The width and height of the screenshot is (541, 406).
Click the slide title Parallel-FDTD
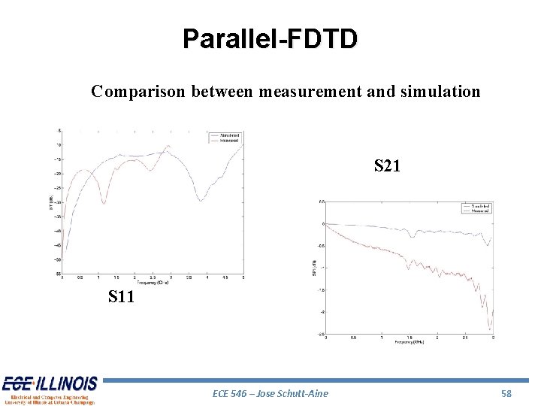270,38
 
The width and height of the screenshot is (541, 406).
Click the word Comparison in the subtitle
139,92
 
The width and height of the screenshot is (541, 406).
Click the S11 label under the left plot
121,297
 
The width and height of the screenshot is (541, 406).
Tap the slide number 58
506,393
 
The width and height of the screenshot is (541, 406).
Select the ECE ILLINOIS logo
50,389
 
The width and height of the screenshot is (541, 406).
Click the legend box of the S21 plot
475,208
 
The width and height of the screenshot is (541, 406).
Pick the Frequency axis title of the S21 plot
409,343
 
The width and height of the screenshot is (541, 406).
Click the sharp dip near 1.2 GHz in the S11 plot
104,203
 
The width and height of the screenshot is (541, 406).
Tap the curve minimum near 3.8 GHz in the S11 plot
201,200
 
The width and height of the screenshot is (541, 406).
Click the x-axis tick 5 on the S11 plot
243,277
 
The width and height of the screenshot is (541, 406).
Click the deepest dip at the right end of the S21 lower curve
489,329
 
